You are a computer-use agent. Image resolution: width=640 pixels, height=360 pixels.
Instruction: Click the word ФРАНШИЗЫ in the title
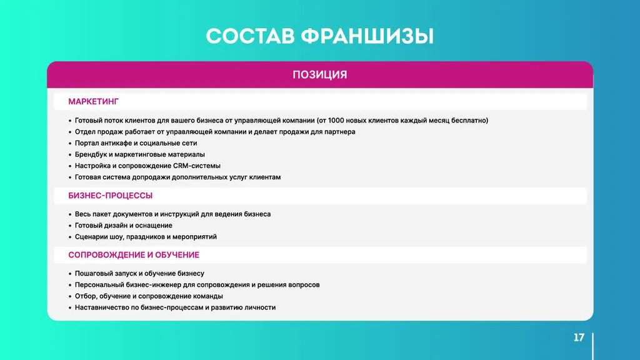click(367, 36)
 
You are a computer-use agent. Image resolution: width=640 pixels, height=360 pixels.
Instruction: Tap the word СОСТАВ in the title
click(250, 36)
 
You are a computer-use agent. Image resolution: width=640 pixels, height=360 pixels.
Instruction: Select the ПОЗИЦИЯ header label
click(320, 75)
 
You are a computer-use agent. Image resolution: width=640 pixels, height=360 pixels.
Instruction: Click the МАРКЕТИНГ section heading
click(94, 102)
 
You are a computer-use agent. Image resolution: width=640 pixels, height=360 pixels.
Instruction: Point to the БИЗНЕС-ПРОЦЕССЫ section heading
click(110, 196)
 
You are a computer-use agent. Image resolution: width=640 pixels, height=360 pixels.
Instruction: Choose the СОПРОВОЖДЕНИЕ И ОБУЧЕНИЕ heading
click(134, 255)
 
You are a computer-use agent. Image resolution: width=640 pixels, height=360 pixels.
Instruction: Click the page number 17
click(579, 337)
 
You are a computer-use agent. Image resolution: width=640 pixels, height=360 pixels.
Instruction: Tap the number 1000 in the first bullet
click(336, 121)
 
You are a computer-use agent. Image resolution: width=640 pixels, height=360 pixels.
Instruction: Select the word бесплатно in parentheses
click(469, 121)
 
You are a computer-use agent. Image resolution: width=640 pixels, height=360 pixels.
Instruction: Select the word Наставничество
click(102, 307)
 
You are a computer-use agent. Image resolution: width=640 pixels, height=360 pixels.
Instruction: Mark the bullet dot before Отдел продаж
click(70, 132)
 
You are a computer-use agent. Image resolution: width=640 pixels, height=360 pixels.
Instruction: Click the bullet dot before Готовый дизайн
click(70, 226)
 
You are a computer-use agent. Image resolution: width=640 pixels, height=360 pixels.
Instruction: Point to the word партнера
click(339, 132)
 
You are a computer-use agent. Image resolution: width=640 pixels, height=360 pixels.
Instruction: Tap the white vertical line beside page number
click(592, 346)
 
